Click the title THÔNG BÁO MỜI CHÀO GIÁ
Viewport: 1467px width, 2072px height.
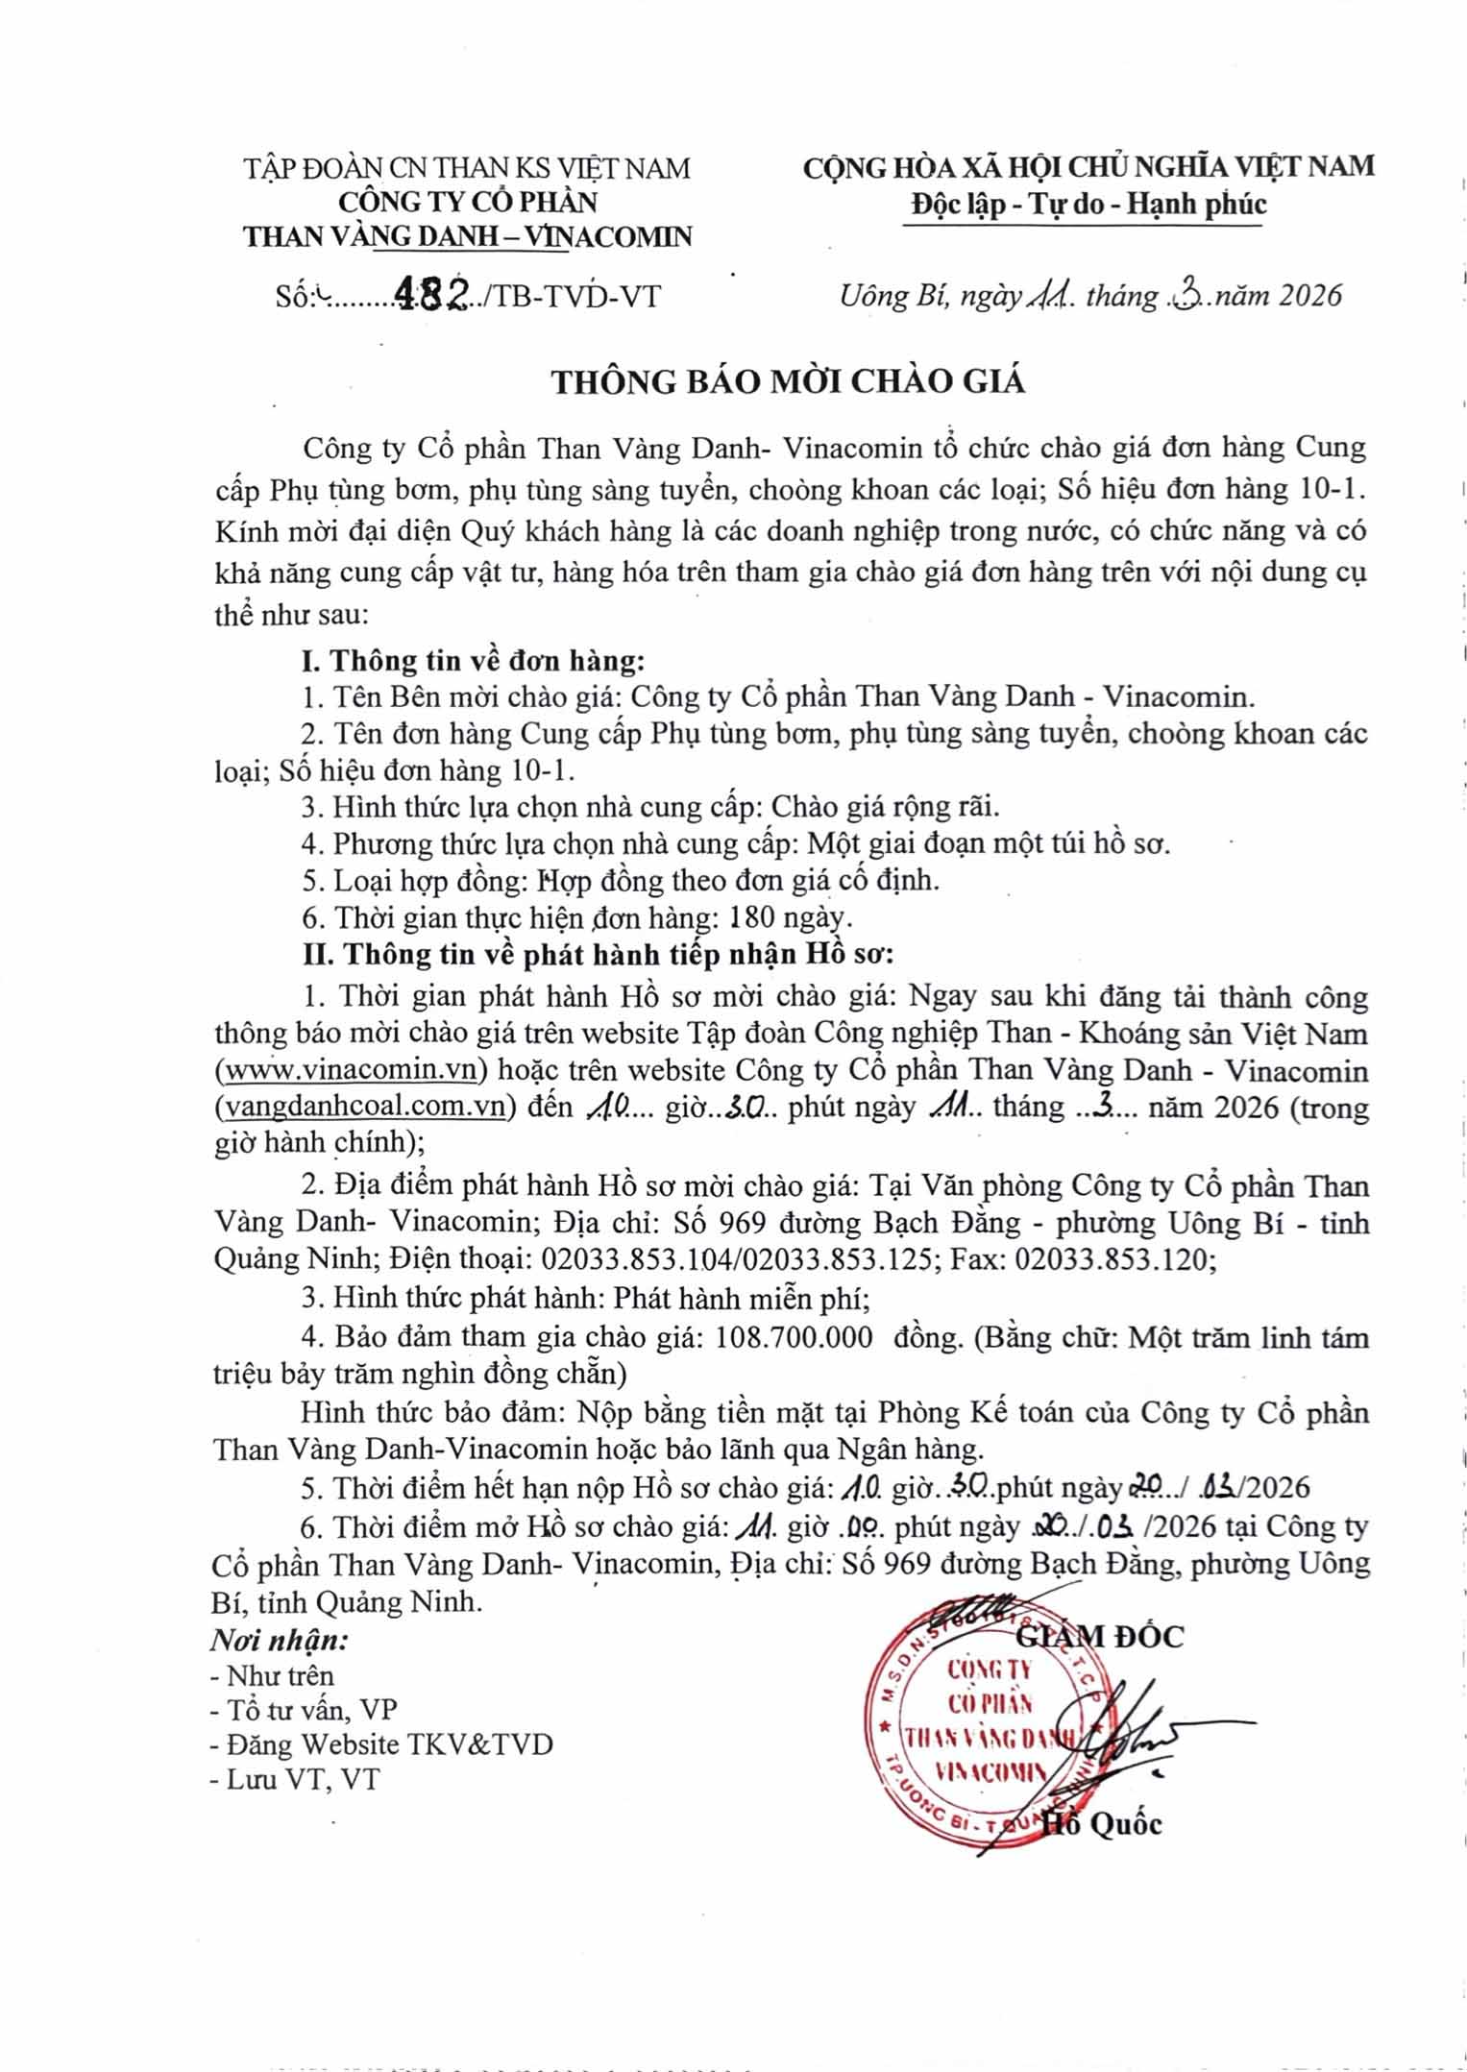point(788,382)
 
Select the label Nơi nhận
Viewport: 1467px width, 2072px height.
point(280,1639)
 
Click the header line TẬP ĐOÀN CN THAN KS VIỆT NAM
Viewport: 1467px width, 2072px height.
point(467,168)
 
